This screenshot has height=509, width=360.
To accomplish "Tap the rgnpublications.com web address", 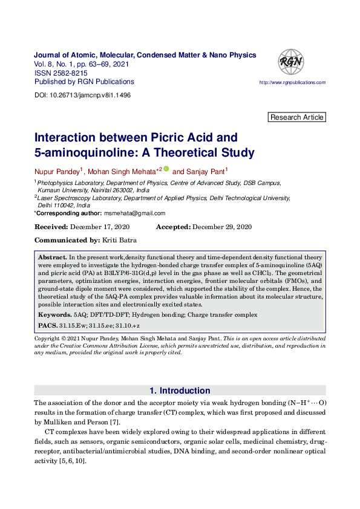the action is [x=292, y=82].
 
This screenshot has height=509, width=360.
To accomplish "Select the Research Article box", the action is [x=297, y=117].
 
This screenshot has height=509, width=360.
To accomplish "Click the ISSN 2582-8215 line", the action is [x=61, y=73].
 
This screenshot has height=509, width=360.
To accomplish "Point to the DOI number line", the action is [x=83, y=96].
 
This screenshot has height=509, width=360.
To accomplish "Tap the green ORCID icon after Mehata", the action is [x=166, y=169].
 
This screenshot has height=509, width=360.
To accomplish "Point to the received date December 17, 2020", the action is [x=100, y=227].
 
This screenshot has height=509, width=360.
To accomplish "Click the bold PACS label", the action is [x=47, y=325].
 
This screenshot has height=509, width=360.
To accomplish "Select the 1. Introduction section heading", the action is [x=180, y=391].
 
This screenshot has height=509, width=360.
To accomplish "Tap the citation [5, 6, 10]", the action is [x=72, y=461].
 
